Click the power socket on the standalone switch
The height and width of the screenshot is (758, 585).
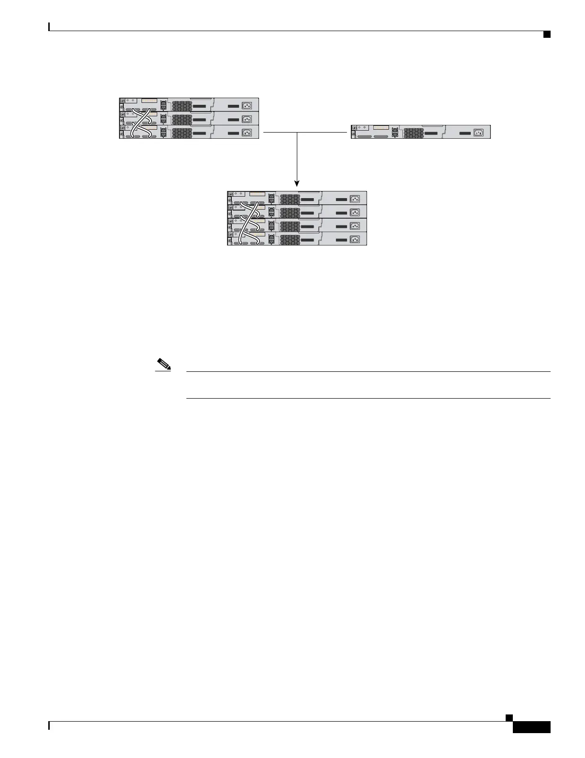click(478, 133)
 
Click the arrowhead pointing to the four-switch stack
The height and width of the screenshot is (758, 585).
click(297, 183)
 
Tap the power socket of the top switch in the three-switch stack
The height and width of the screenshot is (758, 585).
click(247, 105)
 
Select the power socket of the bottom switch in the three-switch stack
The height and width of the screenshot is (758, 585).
click(247, 133)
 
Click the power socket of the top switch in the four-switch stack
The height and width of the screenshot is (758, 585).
click(355, 199)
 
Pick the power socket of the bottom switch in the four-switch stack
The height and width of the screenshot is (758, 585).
click(355, 239)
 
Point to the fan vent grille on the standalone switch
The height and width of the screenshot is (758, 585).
click(413, 133)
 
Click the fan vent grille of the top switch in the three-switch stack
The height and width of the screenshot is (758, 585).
click(182, 105)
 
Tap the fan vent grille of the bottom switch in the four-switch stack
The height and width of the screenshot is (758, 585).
click(290, 239)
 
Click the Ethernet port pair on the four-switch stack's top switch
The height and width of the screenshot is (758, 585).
click(271, 198)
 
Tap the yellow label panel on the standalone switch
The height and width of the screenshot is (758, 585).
click(381, 128)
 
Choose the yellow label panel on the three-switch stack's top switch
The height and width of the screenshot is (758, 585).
click(149, 101)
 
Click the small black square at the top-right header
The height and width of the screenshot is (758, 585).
click(547, 34)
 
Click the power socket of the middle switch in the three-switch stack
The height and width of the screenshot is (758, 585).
click(247, 119)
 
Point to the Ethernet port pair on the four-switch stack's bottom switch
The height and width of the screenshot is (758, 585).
click(271, 239)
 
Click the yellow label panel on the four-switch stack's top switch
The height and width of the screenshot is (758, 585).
click(257, 194)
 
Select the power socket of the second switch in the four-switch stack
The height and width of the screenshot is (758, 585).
click(355, 212)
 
